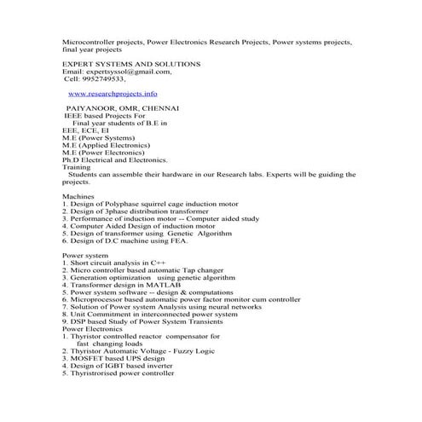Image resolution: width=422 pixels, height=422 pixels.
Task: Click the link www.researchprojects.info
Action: click(x=113, y=94)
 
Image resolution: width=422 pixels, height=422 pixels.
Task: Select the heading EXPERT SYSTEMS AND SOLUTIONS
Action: click(x=132, y=64)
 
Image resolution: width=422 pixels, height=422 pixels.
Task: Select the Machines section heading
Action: click(x=80, y=197)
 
